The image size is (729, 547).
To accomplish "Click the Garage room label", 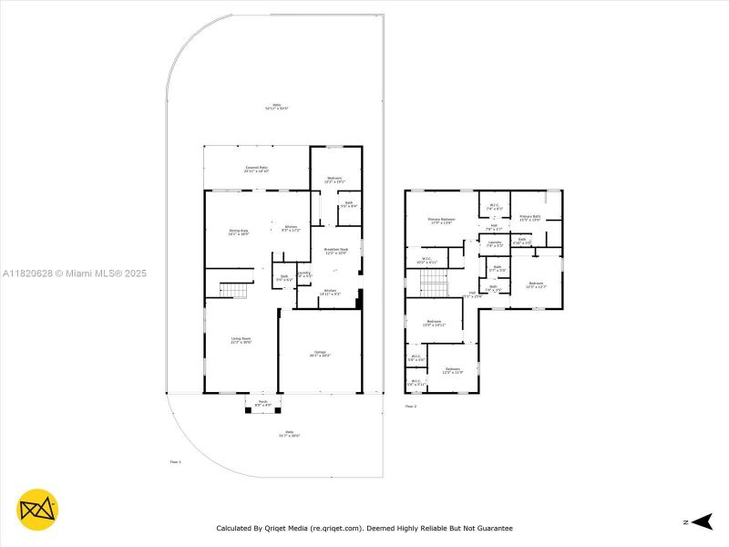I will [x=320, y=354].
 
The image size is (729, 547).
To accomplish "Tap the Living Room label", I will [x=241, y=339].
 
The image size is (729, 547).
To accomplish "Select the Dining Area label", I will [x=239, y=232].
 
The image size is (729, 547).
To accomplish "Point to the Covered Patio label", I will [x=256, y=169].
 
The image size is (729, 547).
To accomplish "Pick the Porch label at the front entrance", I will [x=262, y=402].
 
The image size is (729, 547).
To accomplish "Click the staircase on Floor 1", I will [x=235, y=290].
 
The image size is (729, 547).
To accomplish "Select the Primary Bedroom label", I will [x=442, y=221].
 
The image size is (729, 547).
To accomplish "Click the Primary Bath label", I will [x=530, y=217].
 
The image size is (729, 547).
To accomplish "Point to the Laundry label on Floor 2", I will [x=494, y=243].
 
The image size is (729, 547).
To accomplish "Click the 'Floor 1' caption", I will [x=175, y=462].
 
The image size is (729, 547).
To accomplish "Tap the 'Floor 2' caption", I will [x=410, y=406].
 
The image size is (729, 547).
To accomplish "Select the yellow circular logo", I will [x=37, y=511].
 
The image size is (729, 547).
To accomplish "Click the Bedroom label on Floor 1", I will [x=334, y=180].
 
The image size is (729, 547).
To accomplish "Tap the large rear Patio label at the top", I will [x=276, y=106].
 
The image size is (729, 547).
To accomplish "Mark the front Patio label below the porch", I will [x=289, y=433].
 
